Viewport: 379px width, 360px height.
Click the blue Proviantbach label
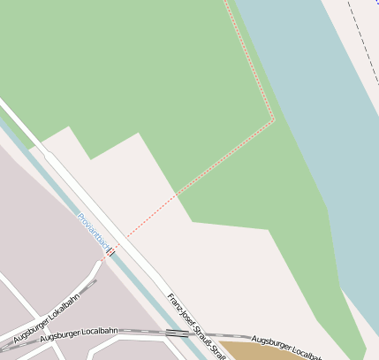(92, 228)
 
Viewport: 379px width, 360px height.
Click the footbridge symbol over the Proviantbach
(110, 251)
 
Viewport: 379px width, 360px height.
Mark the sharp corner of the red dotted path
(274, 119)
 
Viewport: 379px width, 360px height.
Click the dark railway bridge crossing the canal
(177, 333)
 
